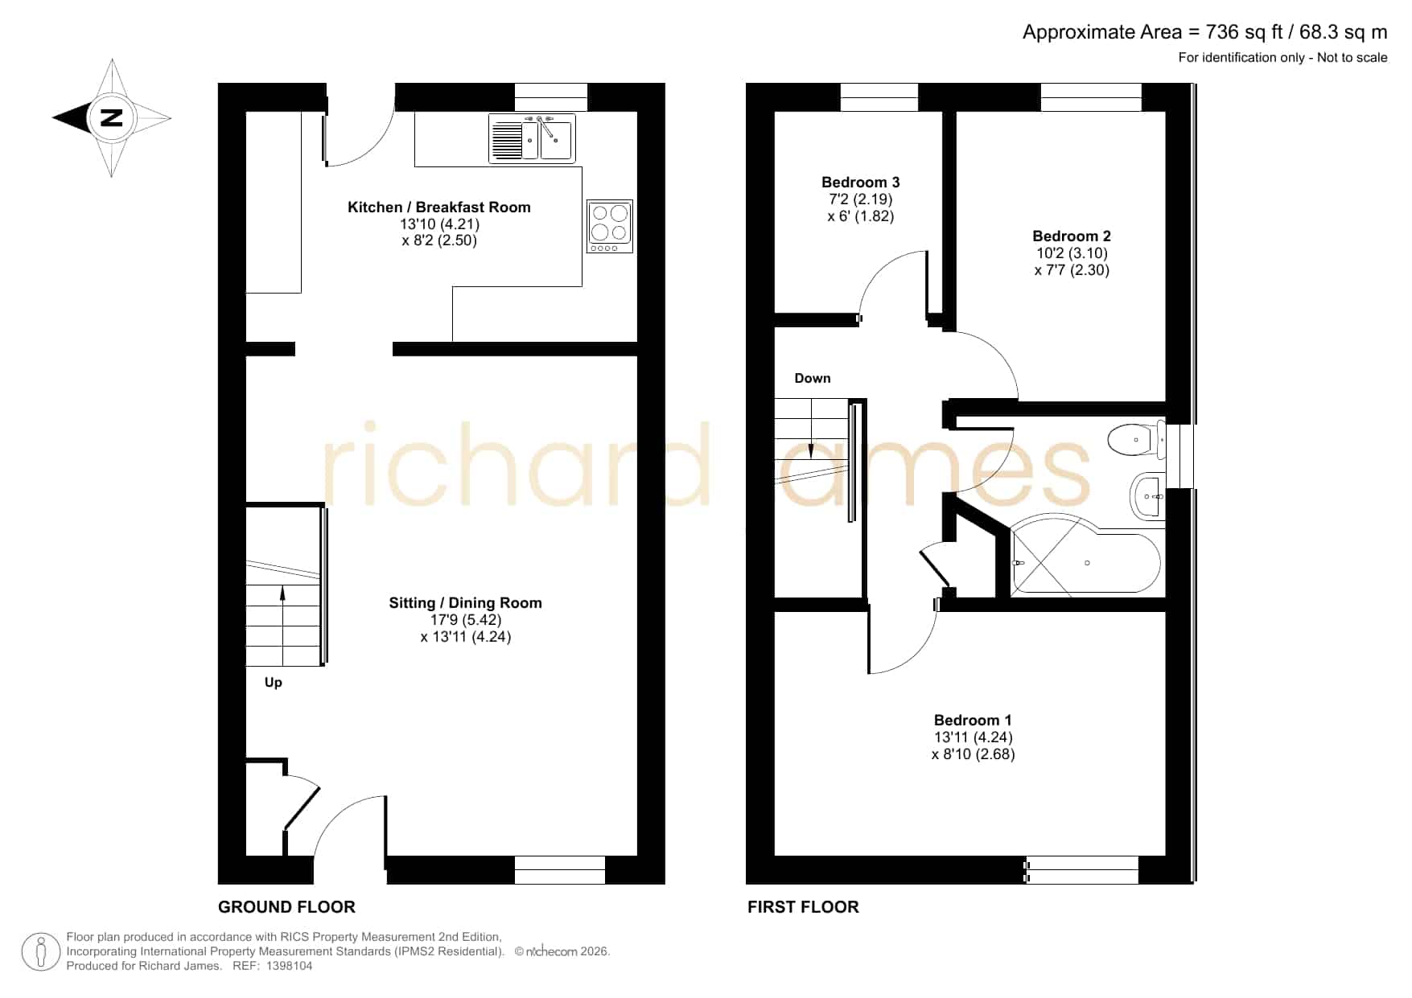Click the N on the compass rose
[111, 117]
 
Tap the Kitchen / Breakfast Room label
[439, 207]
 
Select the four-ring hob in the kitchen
[610, 226]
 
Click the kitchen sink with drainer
[532, 138]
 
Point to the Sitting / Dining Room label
[465, 603]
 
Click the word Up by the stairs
[274, 683]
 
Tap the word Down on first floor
[813, 378]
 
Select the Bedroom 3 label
[861, 183]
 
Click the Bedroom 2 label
[1072, 236]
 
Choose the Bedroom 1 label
[973, 721]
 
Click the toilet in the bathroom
[1137, 440]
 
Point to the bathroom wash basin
[1147, 497]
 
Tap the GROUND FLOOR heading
[286, 907]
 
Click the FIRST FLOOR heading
[803, 907]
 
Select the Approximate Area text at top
[1204, 32]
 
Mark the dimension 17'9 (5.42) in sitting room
[466, 620]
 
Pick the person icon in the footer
[40, 952]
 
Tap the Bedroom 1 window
[1083, 870]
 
